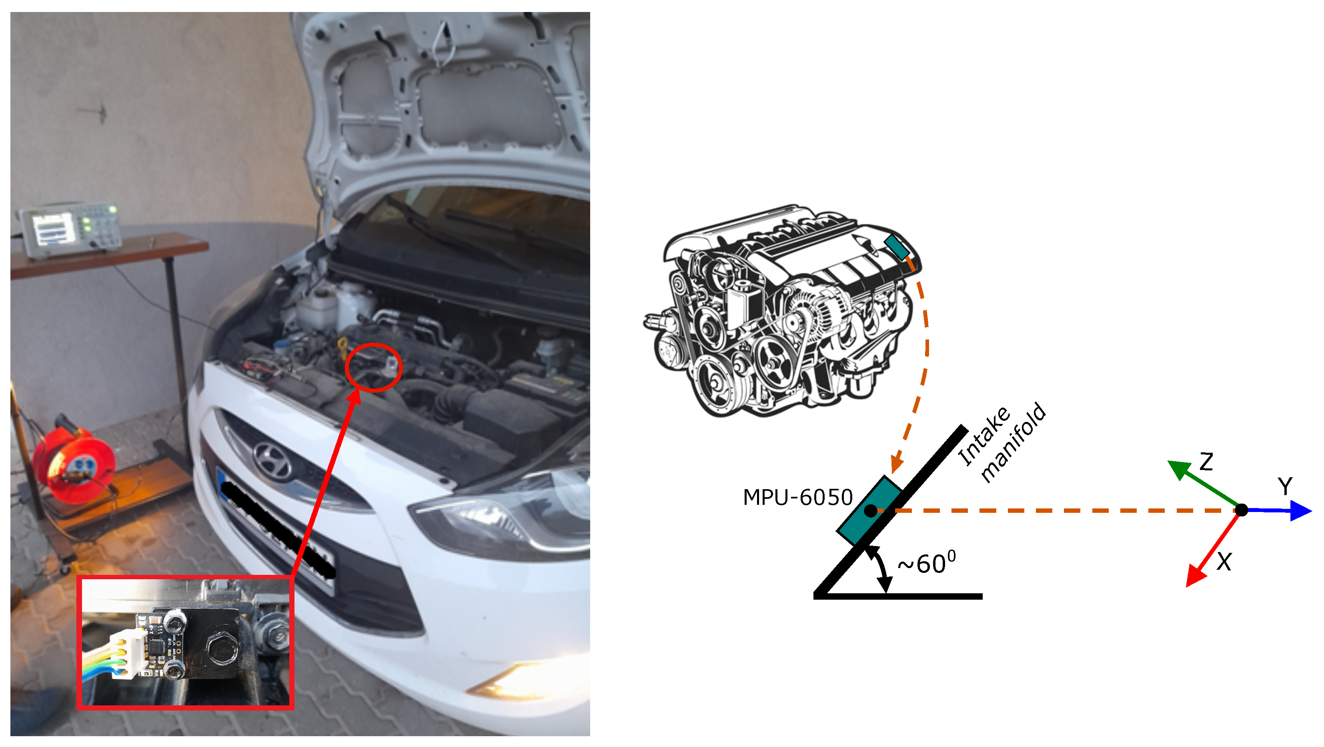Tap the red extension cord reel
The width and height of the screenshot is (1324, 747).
pos(74,460)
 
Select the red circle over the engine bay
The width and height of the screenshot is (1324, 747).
pos(374,367)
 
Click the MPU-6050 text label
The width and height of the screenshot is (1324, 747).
pos(798,498)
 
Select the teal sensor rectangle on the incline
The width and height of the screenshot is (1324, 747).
pos(869,510)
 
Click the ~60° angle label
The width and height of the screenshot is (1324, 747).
pos(927,562)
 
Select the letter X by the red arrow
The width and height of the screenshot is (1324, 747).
pos(1224,562)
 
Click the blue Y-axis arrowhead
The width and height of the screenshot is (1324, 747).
pos(1301,511)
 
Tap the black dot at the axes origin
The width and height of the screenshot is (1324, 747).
pos(1241,510)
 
